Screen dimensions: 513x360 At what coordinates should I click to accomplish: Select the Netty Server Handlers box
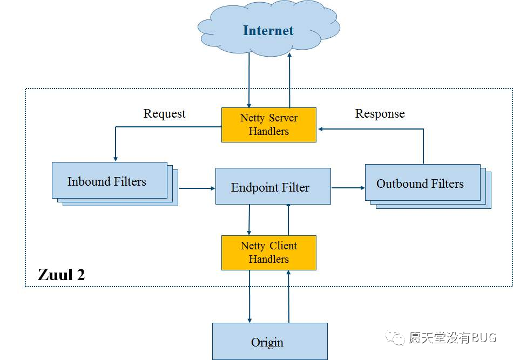pos(269,125)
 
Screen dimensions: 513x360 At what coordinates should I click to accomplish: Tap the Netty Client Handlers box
pos(269,253)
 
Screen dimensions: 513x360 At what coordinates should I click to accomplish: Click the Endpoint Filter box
pos(273,186)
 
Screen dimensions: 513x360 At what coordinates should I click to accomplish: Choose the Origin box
pos(270,341)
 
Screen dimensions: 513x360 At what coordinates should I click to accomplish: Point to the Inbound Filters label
pos(107,181)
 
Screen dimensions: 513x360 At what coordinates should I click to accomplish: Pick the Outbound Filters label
pos(420,184)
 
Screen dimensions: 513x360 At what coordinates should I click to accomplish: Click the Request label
pos(165,114)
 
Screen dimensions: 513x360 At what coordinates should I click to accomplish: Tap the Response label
pos(380,114)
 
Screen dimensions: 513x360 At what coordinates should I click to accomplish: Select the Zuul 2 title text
pos(62,275)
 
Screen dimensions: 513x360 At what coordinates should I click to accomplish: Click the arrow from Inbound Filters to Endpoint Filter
pos(197,188)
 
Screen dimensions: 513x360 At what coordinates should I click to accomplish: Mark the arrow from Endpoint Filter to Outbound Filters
pos(348,188)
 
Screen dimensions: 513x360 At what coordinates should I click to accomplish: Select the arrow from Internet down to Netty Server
pos(249,80)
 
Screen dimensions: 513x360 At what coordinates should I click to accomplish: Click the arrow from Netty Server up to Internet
pos(289,80)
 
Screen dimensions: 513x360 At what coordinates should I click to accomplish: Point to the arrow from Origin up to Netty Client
pos(288,296)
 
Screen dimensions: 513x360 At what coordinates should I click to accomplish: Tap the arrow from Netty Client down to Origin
pos(249,296)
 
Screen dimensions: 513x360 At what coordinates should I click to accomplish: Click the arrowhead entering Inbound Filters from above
pos(116,159)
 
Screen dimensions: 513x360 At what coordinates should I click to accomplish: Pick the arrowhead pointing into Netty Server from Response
pos(321,129)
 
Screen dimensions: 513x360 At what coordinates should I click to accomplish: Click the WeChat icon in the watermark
pos(395,337)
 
